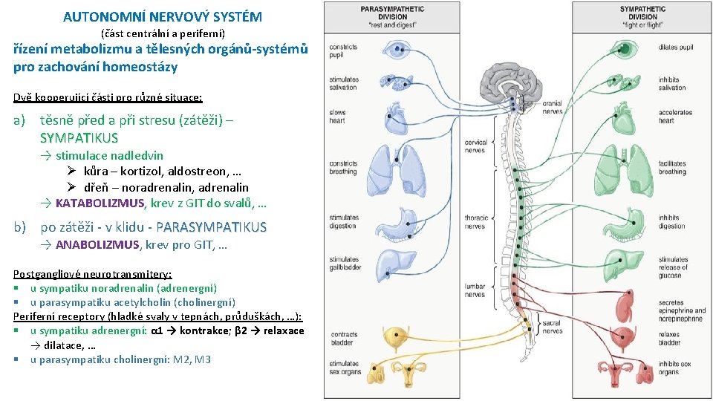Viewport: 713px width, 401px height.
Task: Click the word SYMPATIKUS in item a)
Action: [79, 137]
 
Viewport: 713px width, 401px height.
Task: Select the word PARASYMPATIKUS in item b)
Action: [212, 227]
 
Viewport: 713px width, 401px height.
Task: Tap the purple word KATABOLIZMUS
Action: [100, 203]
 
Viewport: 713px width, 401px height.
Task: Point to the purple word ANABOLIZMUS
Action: [97, 244]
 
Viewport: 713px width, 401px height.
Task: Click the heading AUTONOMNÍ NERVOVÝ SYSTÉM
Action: [162, 16]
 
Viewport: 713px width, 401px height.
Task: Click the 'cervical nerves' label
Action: [475, 146]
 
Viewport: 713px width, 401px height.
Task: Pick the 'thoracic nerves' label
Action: [476, 222]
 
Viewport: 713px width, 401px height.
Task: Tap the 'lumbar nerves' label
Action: [475, 290]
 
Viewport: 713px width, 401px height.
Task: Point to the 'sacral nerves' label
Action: [553, 327]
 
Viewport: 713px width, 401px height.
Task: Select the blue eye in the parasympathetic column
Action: [397, 50]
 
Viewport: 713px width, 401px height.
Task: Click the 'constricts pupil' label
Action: [344, 51]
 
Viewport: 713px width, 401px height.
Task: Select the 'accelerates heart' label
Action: [675, 117]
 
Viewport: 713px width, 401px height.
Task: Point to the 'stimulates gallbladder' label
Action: [344, 264]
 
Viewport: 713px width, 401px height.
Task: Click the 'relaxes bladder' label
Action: [670, 339]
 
